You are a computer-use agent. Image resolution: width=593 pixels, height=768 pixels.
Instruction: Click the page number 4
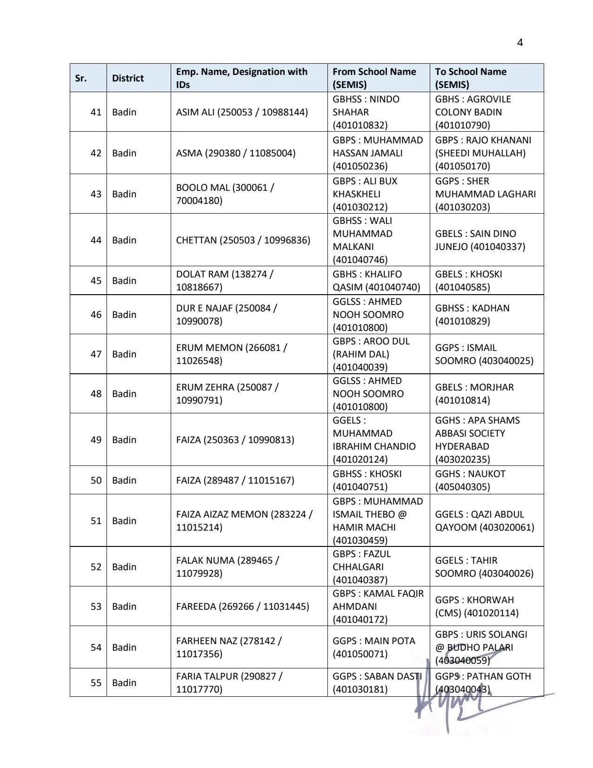(x=520, y=43)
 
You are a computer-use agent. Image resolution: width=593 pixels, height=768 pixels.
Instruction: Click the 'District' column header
(x=127, y=78)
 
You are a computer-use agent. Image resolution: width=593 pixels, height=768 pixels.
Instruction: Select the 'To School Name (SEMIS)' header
(x=471, y=78)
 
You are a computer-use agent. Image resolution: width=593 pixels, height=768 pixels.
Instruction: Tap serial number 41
(x=96, y=112)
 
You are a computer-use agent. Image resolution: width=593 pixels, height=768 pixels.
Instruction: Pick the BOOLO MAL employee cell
(x=225, y=194)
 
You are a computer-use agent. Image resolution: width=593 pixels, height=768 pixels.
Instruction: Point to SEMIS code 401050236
(x=360, y=166)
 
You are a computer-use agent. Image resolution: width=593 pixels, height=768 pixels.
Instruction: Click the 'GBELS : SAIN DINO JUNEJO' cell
(x=480, y=240)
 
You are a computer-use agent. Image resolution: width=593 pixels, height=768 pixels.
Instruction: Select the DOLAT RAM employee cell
(x=225, y=281)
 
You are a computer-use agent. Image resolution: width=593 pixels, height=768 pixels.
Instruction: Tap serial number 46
(x=96, y=315)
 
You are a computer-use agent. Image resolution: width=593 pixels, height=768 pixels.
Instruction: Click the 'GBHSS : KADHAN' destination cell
(x=472, y=315)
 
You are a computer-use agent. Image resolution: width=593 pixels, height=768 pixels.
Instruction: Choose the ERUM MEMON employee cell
(x=232, y=354)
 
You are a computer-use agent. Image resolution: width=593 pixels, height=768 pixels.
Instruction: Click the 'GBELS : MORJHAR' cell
(x=474, y=394)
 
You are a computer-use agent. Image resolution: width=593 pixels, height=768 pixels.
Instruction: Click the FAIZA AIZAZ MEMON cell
(x=244, y=521)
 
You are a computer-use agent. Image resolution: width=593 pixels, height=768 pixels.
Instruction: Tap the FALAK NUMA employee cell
(x=227, y=567)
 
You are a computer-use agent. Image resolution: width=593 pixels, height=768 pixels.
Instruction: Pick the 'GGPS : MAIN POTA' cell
(x=373, y=647)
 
